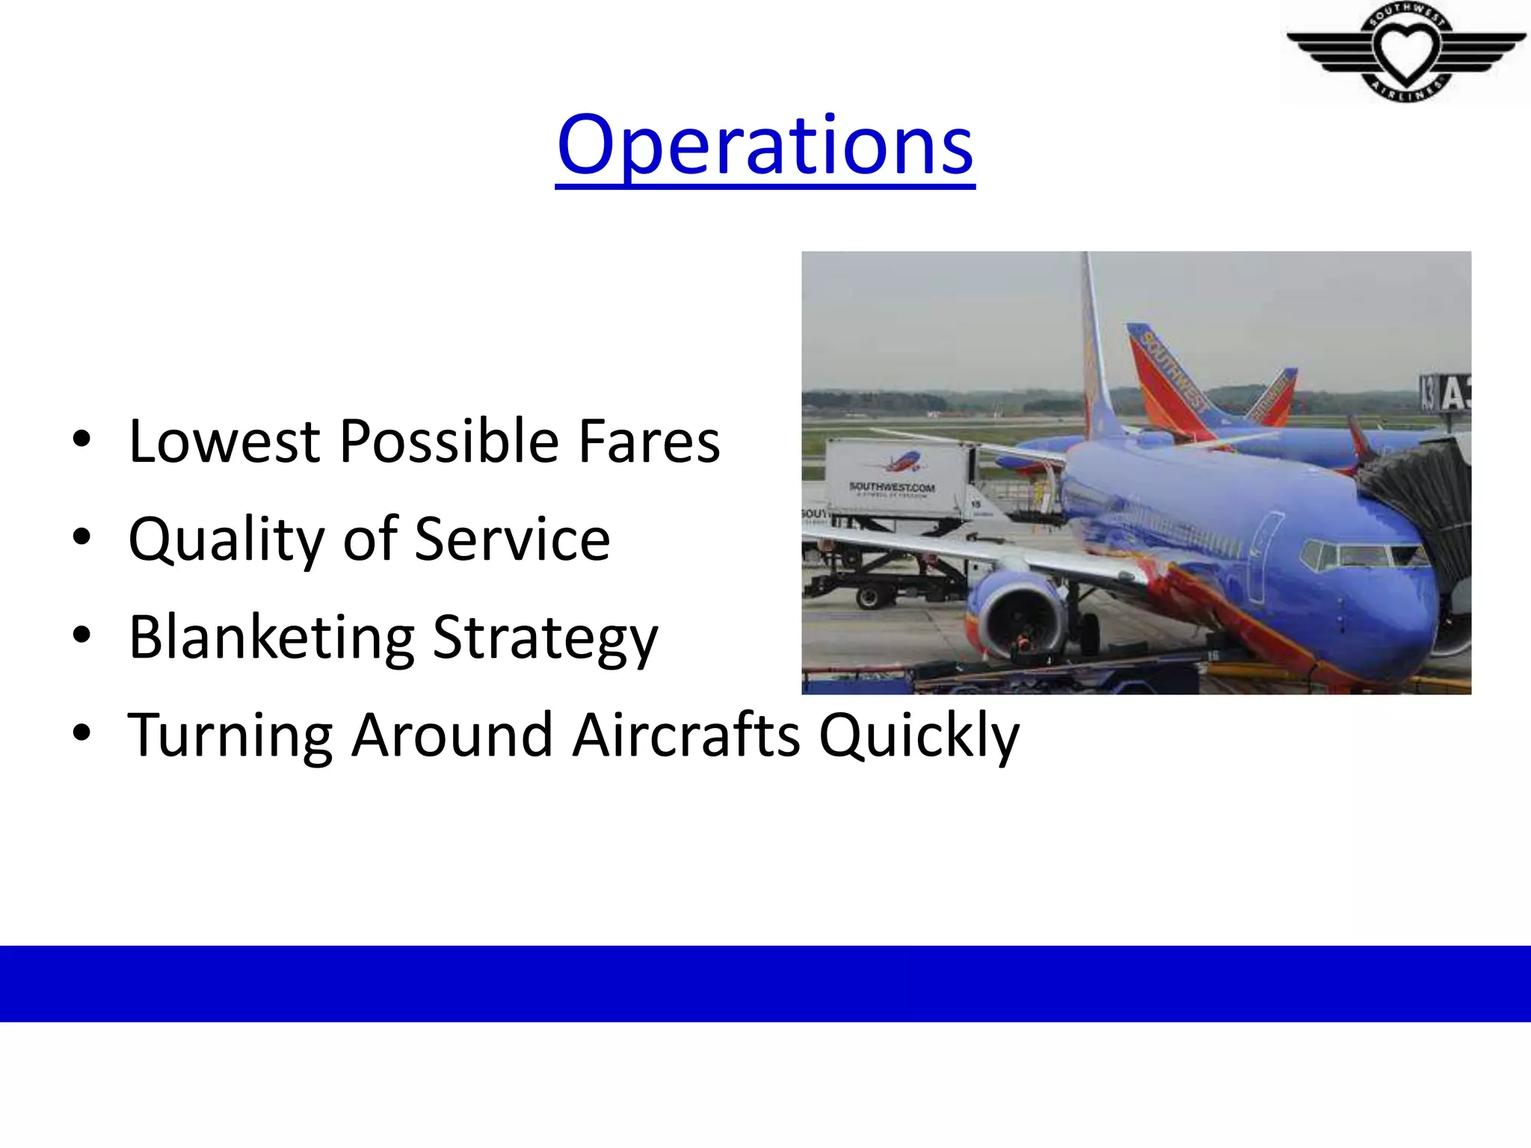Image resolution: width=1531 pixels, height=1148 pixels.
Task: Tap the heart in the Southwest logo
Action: click(x=1406, y=51)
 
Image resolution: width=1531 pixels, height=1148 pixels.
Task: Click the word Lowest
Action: click(x=225, y=442)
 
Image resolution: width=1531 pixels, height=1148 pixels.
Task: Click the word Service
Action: click(x=512, y=540)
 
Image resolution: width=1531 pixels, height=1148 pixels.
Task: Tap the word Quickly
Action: click(x=919, y=736)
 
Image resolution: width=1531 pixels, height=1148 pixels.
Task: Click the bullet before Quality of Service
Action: click(x=81, y=537)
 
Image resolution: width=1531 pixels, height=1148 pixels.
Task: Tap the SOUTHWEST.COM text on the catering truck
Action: click(x=892, y=488)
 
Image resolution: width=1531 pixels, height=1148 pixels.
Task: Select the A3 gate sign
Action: click(x=1446, y=392)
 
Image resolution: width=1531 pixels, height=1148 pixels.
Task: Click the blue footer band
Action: click(x=765, y=983)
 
